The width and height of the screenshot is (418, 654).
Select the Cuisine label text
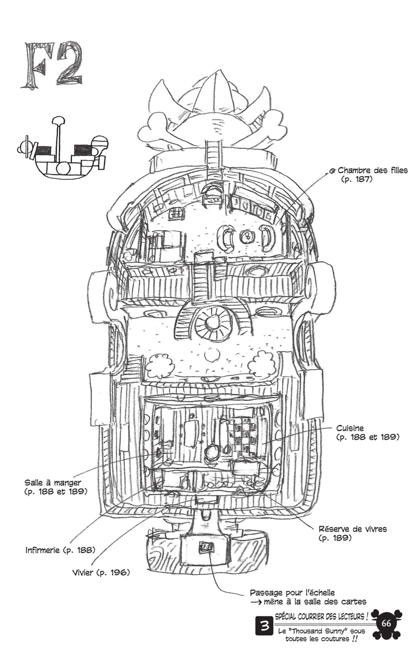[350, 429]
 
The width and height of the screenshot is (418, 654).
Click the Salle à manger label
[53, 483]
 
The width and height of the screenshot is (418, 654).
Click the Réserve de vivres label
[353, 529]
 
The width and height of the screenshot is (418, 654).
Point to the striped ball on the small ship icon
[100, 143]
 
